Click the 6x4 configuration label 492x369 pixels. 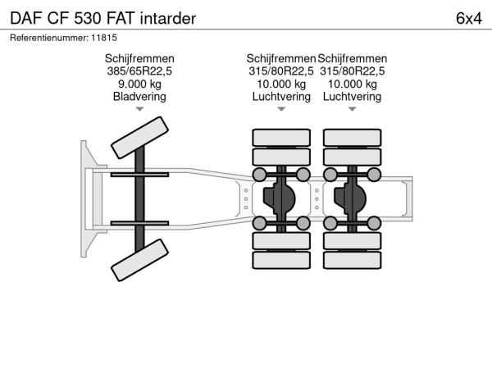(469, 19)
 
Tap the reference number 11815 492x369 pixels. (104, 38)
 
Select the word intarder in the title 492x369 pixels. (168, 19)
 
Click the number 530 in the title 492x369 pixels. (88, 19)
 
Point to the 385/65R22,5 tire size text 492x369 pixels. (139, 71)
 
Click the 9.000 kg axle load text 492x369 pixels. (139, 84)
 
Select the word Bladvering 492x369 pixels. (139, 96)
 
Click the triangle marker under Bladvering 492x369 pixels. (139, 109)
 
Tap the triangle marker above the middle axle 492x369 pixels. (281, 109)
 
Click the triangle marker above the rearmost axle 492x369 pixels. (353, 109)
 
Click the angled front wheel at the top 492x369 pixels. (139, 138)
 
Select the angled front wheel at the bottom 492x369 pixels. (139, 260)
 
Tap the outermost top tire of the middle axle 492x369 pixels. (281, 138)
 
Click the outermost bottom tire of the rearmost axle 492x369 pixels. (353, 260)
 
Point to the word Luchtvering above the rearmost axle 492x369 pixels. (353, 96)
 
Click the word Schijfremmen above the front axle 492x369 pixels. (139, 59)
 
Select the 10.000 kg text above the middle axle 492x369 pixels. (281, 84)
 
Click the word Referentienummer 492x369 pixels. (49, 38)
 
